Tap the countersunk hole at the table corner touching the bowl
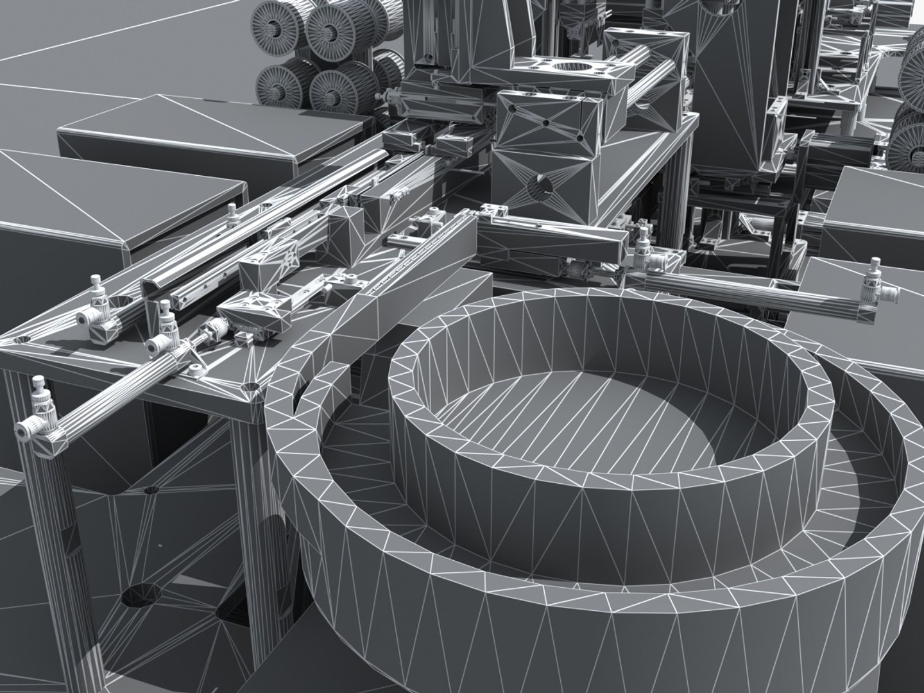click(x=252, y=389)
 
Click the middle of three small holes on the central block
click(x=546, y=122)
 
